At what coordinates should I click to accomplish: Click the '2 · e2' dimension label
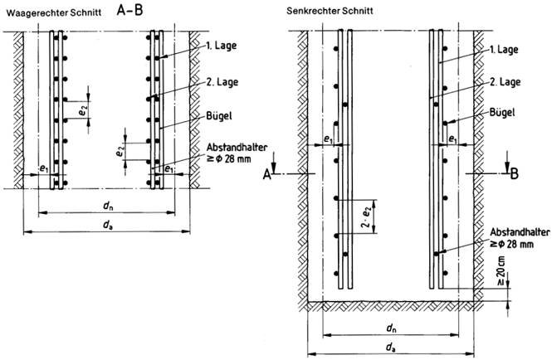tap(368, 216)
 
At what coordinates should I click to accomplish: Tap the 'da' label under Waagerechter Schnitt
tap(105, 225)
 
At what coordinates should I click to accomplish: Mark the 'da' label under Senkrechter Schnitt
tap(389, 347)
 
